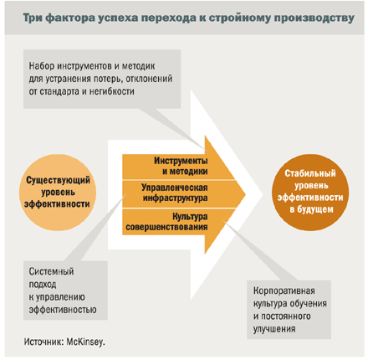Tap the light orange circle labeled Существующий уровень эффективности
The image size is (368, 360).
pos(58,193)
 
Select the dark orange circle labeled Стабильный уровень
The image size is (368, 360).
pos(310,193)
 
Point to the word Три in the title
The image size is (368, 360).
pos(33,18)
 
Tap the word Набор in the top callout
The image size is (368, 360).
pos(42,66)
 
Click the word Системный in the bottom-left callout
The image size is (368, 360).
pos(52,271)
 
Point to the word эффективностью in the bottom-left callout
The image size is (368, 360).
pos(63,310)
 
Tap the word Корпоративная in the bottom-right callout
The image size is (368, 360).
pos(284,291)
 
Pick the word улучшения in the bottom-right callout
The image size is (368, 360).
pos(274,329)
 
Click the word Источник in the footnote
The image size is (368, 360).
pos(44,342)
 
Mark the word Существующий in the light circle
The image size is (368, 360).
pos(58,180)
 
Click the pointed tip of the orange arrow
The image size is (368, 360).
pos(245,194)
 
